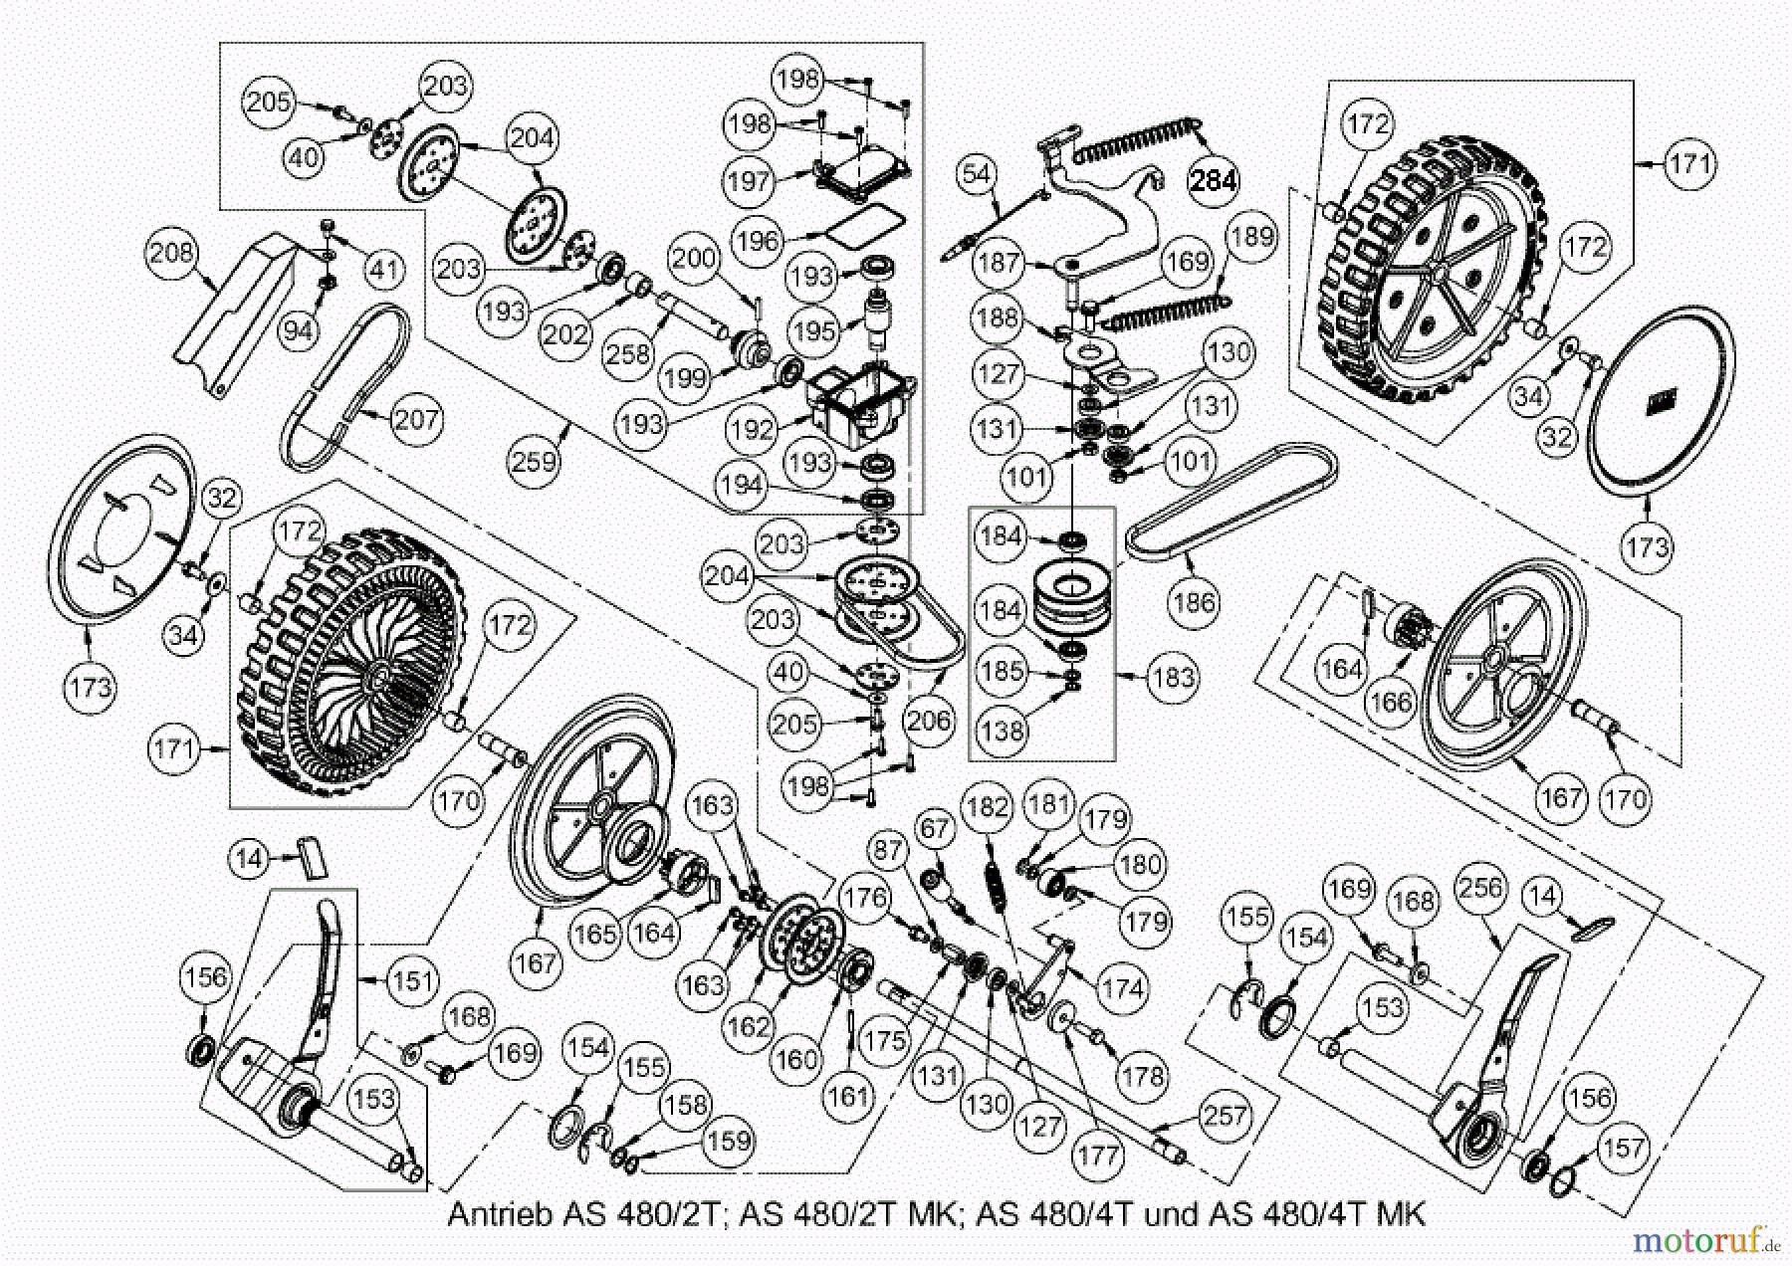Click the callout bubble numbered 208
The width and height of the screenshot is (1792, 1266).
tap(172, 253)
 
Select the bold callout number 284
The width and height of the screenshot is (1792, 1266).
tap(1214, 181)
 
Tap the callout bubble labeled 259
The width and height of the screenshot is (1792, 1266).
tap(534, 461)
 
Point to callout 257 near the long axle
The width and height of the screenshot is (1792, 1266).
tap(1225, 1115)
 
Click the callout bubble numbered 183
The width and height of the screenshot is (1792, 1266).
tap(1172, 677)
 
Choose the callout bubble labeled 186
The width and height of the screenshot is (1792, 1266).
tap(1194, 602)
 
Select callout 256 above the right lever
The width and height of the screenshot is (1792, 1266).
tap(1480, 887)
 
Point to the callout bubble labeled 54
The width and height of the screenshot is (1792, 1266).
tap(977, 174)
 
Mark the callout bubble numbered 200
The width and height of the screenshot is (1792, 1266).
tap(693, 258)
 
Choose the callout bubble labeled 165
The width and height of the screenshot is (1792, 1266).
tap(594, 934)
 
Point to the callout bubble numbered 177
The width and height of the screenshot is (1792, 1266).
tap(1098, 1156)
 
